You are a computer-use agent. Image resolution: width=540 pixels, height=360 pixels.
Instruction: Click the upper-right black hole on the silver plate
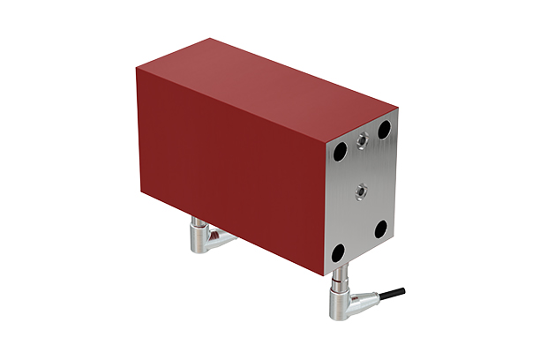tap(384, 130)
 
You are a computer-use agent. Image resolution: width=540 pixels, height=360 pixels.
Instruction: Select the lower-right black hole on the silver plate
tap(380, 229)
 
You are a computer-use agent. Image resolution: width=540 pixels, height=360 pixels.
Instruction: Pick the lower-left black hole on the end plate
tap(338, 253)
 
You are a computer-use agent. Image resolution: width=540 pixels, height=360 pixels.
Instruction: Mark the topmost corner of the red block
tap(212, 38)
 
